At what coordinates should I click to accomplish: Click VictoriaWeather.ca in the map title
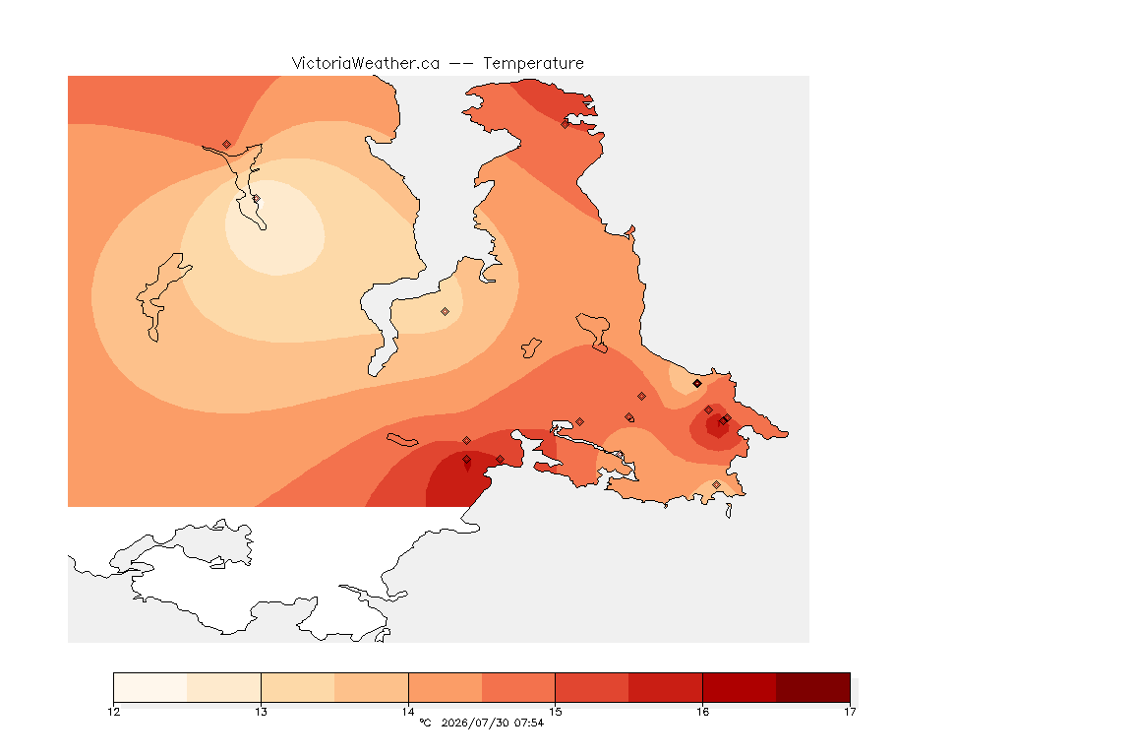coord(366,64)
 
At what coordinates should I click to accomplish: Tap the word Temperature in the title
coord(533,64)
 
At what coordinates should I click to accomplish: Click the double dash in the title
coord(461,64)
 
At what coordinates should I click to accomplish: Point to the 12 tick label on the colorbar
coord(113,712)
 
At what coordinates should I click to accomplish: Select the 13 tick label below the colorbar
coord(261,712)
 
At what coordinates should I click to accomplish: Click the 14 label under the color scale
coord(408,712)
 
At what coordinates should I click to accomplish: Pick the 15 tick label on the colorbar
coord(555,712)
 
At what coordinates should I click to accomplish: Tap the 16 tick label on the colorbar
coord(702,712)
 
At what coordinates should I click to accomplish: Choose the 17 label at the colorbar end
coord(850,712)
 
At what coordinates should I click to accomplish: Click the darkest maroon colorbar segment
coord(813,687)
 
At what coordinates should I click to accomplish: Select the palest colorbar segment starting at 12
coord(150,687)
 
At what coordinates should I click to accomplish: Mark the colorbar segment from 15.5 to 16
coord(666,687)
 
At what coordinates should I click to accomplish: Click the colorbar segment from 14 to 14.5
coord(446,687)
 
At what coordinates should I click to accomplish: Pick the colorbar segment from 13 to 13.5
coord(298,687)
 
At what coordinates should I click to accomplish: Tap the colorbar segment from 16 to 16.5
coord(740,687)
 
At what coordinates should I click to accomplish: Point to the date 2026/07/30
coord(474,723)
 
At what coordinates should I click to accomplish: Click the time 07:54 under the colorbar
coord(529,723)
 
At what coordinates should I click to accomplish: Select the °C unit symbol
coord(426,723)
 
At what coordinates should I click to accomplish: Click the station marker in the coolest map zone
coord(256,199)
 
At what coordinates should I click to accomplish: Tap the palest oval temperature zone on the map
coord(275,228)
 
